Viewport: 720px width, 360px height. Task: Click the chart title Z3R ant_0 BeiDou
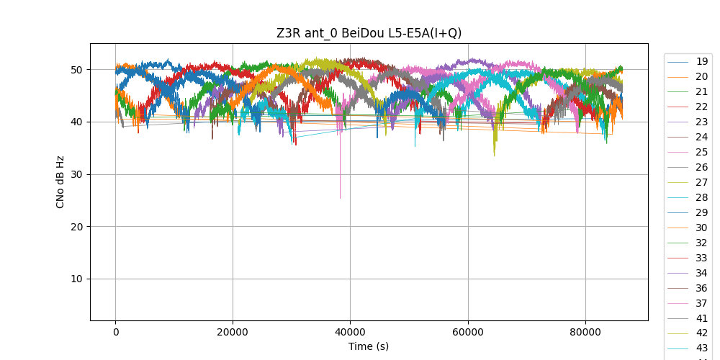[x=369, y=33]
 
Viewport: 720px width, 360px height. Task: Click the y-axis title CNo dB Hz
[x=60, y=182]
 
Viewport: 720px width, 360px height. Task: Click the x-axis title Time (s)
[x=369, y=346]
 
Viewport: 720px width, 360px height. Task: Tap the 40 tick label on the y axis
[x=81, y=122]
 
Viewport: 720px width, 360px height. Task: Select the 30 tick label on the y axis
[x=81, y=174]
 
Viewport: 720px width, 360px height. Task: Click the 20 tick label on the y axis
[x=81, y=227]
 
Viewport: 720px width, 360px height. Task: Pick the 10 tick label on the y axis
[x=81, y=279]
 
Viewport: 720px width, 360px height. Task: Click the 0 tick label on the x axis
[x=115, y=332]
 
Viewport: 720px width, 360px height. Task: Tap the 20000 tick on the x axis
[x=233, y=332]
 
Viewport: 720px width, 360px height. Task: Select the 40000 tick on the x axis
[x=350, y=332]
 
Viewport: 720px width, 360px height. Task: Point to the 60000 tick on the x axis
[x=467, y=332]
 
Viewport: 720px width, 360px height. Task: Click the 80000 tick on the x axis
[x=585, y=332]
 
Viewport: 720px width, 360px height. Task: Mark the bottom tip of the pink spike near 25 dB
[x=340, y=198]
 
